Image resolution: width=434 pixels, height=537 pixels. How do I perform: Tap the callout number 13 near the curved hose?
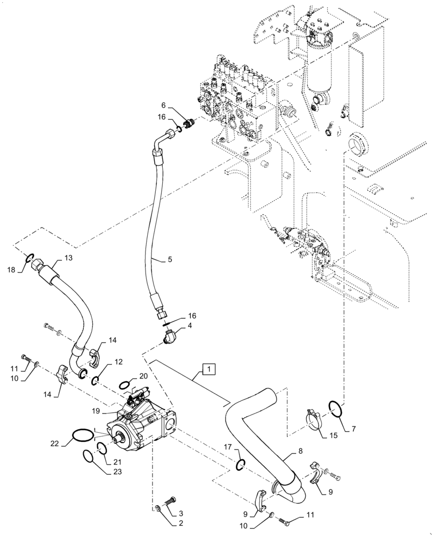(68, 258)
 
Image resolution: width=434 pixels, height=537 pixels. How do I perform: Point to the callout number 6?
(164, 106)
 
